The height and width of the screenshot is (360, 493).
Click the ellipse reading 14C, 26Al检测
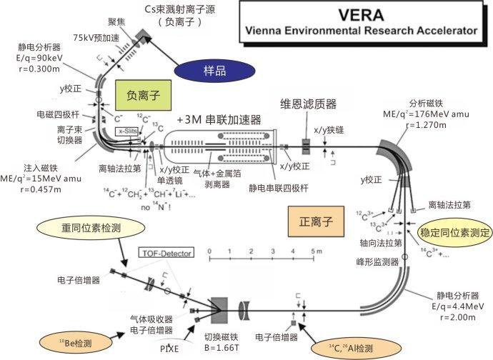[x=351, y=348]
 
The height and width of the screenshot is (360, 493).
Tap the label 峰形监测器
[x=375, y=263]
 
